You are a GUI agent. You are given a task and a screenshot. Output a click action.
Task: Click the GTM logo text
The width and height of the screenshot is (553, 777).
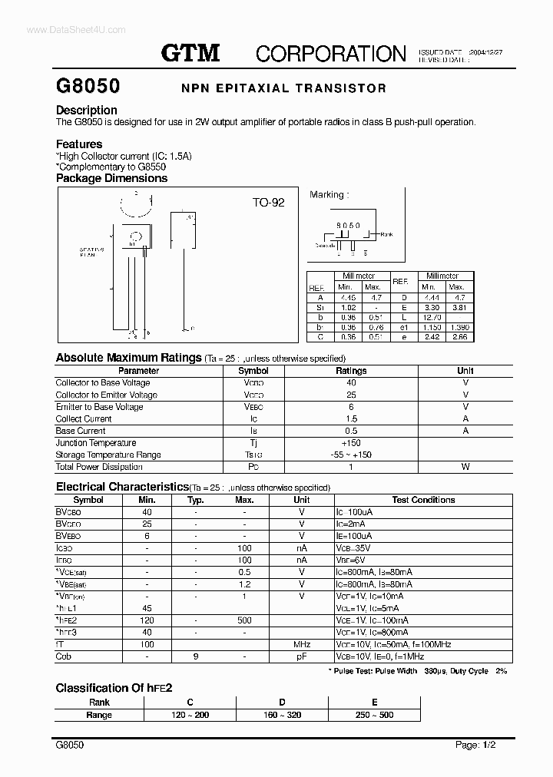click(190, 52)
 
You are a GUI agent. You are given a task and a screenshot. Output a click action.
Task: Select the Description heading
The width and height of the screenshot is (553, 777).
click(86, 110)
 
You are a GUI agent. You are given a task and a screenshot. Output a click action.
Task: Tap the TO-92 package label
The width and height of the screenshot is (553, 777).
click(269, 203)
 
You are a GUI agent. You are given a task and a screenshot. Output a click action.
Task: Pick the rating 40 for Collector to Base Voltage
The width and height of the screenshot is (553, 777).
click(351, 382)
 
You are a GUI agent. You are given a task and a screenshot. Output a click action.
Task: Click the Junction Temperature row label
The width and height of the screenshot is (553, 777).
click(96, 443)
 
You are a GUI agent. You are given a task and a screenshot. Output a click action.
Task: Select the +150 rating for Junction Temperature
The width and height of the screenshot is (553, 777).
click(351, 443)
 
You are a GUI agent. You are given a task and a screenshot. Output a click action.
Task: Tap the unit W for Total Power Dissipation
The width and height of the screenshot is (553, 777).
click(465, 467)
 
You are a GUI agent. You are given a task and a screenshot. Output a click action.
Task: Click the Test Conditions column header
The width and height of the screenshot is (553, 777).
click(423, 500)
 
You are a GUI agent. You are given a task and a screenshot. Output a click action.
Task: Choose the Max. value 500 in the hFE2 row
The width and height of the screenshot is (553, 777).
click(244, 620)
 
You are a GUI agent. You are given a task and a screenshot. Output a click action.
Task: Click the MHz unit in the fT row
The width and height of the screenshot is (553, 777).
click(302, 645)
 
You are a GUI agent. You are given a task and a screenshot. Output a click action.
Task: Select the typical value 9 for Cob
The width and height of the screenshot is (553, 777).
click(195, 657)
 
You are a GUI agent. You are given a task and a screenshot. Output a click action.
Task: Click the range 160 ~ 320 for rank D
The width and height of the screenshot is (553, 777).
click(282, 715)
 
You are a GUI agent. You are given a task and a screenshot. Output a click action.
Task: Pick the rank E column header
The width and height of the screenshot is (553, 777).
click(374, 703)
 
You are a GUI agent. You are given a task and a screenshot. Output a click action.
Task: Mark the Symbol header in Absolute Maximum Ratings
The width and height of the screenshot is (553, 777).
click(254, 370)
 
